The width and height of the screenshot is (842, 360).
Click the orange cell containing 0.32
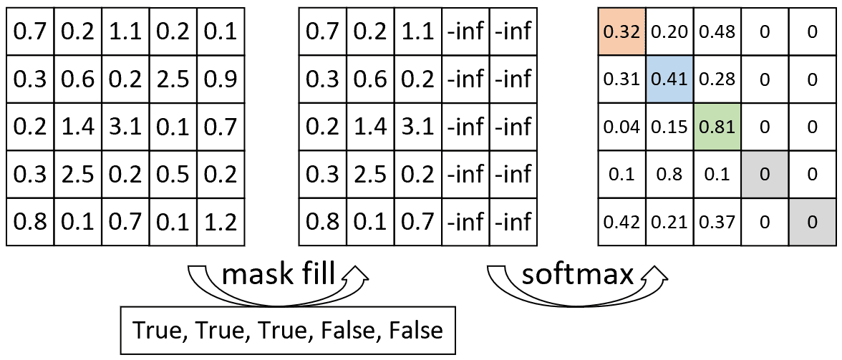coord(621,32)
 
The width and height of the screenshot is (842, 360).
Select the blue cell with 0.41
coord(669,79)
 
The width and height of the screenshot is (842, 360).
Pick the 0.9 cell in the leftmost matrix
coord(221,79)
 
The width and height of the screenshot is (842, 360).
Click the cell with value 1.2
coord(221,222)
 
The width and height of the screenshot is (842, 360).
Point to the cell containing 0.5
coord(173,175)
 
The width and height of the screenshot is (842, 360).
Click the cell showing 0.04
coord(621,127)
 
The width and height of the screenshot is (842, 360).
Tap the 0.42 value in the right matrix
coord(621,222)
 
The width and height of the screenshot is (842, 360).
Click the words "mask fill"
coord(279,276)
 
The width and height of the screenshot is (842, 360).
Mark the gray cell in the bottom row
coord(813,222)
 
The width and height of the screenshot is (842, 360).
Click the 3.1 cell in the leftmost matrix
coord(125,127)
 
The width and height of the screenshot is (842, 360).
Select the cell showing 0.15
coord(669,127)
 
